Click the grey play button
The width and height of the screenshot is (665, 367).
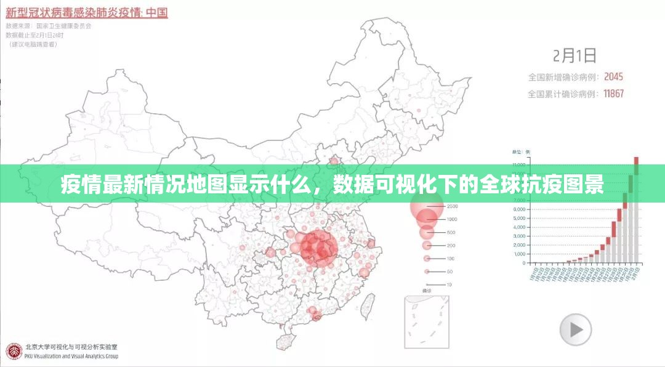576,329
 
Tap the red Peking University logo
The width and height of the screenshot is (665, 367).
14,351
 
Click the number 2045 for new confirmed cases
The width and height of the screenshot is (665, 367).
613,77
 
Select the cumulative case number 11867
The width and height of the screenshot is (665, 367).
613,94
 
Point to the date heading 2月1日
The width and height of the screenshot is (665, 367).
574,55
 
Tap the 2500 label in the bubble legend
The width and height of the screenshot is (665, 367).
452,206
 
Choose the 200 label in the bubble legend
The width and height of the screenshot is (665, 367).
451,245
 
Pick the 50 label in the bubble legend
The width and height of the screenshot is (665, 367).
450,271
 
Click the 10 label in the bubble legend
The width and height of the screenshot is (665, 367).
449,284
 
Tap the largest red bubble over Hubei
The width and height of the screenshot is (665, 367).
318,248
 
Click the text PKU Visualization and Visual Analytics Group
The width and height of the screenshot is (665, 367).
71,356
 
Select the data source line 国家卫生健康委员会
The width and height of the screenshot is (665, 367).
64,26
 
